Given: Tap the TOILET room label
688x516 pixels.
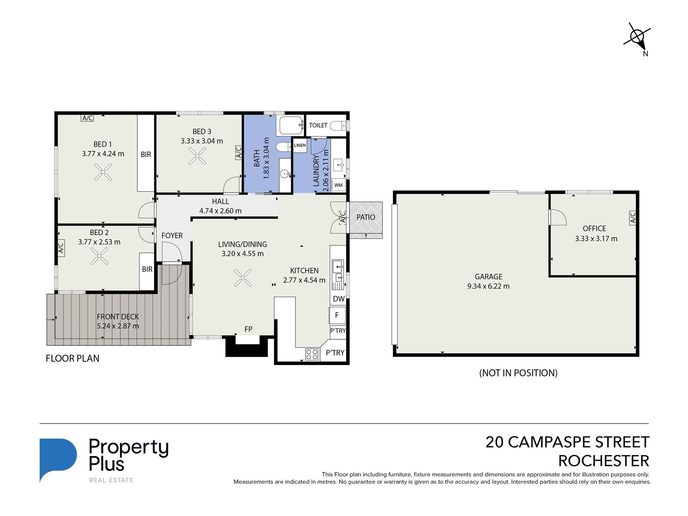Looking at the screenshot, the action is coord(318,125).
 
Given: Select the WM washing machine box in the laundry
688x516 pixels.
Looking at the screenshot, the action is coord(338,185).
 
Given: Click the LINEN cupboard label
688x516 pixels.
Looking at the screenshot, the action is coord(300,146).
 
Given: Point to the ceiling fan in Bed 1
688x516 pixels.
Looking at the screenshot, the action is coord(103,172).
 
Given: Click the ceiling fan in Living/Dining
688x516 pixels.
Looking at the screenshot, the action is coord(243,278).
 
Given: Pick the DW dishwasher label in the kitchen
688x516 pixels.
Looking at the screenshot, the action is coord(339,299).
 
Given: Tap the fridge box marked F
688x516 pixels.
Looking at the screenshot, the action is coord(337,315).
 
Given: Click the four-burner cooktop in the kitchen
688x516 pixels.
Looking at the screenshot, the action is coord(312,354).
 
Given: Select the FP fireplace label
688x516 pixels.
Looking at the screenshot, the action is coord(248,329).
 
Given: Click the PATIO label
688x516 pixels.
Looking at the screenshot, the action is coord(366,217).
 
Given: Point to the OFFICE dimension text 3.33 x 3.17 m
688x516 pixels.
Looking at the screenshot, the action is coord(596,239).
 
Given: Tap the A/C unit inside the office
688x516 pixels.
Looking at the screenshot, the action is coord(633,218).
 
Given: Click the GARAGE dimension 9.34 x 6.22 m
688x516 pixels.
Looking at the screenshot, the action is coord(488,286).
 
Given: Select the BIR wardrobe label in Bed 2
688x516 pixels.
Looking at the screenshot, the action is coord(147,269).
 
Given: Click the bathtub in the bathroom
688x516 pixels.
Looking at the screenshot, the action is coord(291,125).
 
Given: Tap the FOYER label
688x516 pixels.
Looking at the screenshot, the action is coord(172,236).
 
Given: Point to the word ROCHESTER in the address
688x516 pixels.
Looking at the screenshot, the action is coord(604,461).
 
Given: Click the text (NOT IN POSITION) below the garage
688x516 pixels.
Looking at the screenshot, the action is coord(518,373).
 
